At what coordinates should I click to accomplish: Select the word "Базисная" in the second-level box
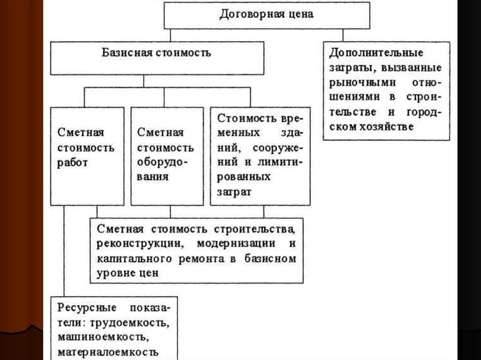(124, 52)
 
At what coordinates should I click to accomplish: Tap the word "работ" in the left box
(73, 164)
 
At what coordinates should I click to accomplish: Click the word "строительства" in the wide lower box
(255, 230)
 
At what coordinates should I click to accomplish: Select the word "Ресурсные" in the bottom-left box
(81, 308)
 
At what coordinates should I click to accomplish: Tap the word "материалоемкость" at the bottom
(108, 352)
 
